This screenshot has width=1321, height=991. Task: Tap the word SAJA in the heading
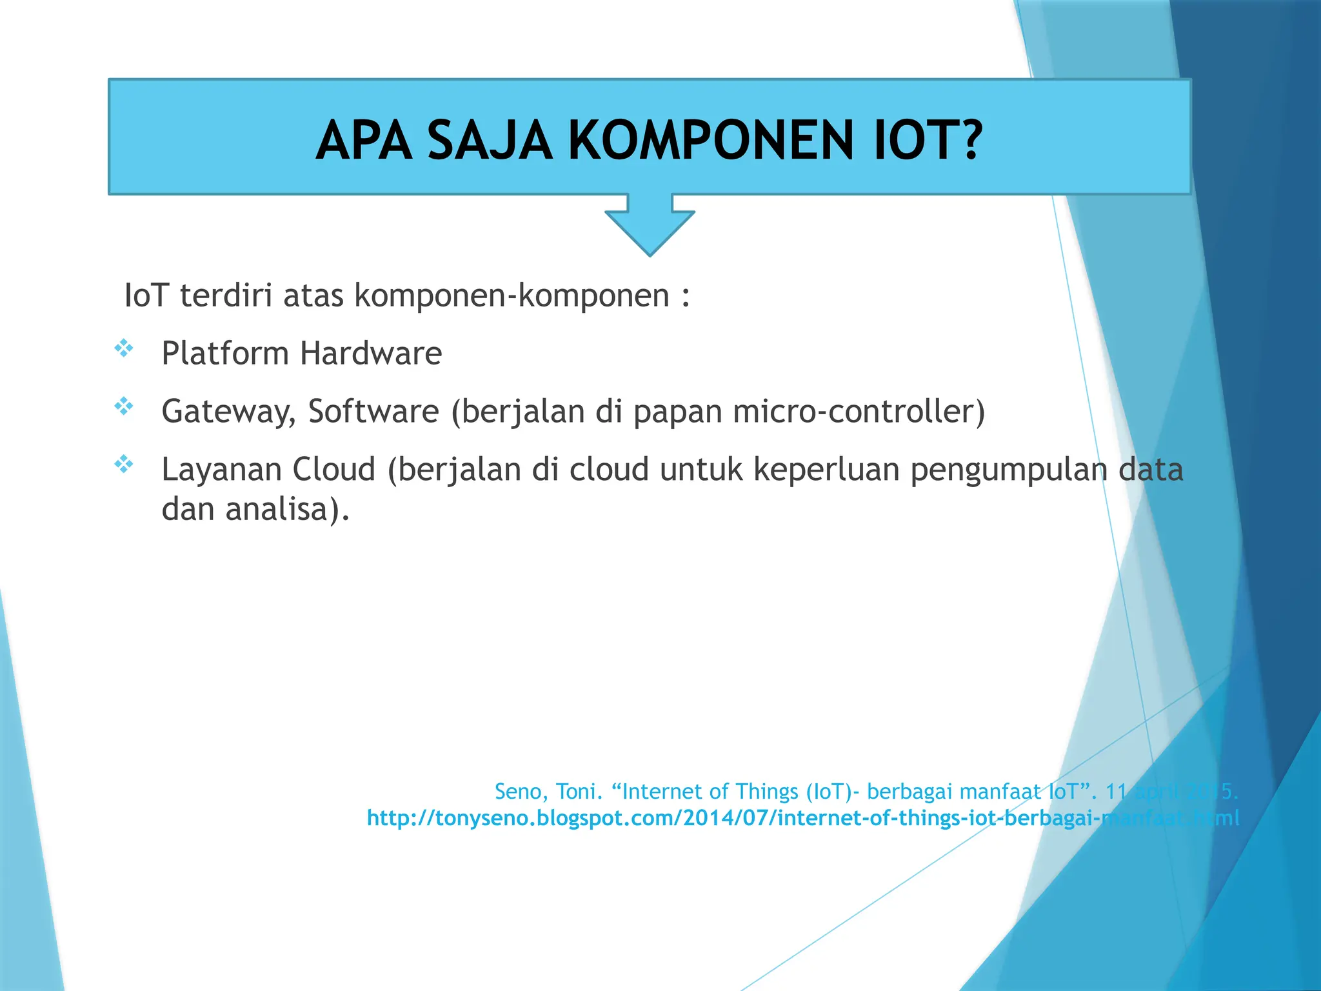point(490,141)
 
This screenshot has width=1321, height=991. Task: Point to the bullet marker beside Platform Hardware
point(123,349)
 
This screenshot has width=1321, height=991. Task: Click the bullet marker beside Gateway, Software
point(123,406)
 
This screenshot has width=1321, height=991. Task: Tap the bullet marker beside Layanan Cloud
point(123,464)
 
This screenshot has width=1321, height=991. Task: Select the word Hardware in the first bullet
point(371,354)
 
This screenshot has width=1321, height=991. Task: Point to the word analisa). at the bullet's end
point(287,510)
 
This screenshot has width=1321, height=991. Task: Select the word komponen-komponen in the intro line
point(512,297)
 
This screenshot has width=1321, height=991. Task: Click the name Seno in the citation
point(521,792)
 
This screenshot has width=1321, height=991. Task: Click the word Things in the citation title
point(767,792)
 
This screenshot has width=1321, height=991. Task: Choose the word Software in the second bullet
point(373,412)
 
